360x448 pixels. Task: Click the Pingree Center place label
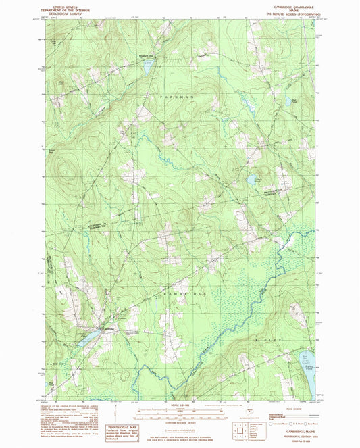click(146, 57)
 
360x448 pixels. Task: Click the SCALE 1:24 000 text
click(179, 405)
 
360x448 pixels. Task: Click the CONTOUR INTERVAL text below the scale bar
click(179, 421)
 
